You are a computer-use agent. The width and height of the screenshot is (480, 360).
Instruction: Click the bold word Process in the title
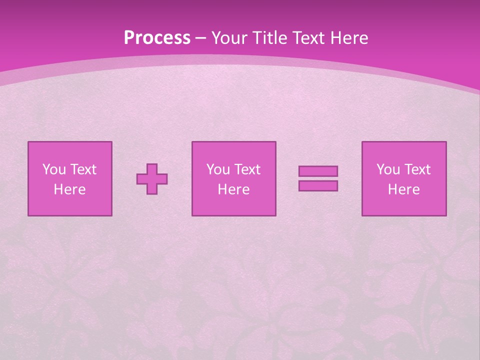pyautogui.click(x=157, y=38)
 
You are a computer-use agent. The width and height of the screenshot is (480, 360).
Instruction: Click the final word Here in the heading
pyautogui.click(x=350, y=38)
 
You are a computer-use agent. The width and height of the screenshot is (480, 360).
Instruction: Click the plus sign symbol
pyautogui.click(x=152, y=179)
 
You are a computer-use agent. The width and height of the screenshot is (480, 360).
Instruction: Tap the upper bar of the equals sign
pyautogui.click(x=318, y=171)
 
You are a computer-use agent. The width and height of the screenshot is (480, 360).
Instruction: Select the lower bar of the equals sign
pyautogui.click(x=318, y=186)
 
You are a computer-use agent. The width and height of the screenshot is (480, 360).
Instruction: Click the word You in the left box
pyautogui.click(x=53, y=169)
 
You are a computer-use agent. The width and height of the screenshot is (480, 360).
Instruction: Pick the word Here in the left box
pyautogui.click(x=69, y=189)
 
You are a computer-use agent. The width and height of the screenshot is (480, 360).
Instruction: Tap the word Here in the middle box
pyautogui.click(x=233, y=189)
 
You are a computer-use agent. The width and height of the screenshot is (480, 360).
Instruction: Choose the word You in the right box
pyautogui.click(x=387, y=169)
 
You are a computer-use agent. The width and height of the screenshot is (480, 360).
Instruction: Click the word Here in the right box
pyautogui.click(x=403, y=189)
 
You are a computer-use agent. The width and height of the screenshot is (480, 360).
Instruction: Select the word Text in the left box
pyautogui.click(x=82, y=169)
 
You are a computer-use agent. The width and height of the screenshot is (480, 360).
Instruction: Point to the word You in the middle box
pyautogui.click(x=217, y=169)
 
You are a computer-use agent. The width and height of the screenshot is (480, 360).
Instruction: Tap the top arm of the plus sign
pyautogui.click(x=152, y=168)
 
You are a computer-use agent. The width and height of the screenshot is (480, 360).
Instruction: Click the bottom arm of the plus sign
pyautogui.click(x=152, y=189)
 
